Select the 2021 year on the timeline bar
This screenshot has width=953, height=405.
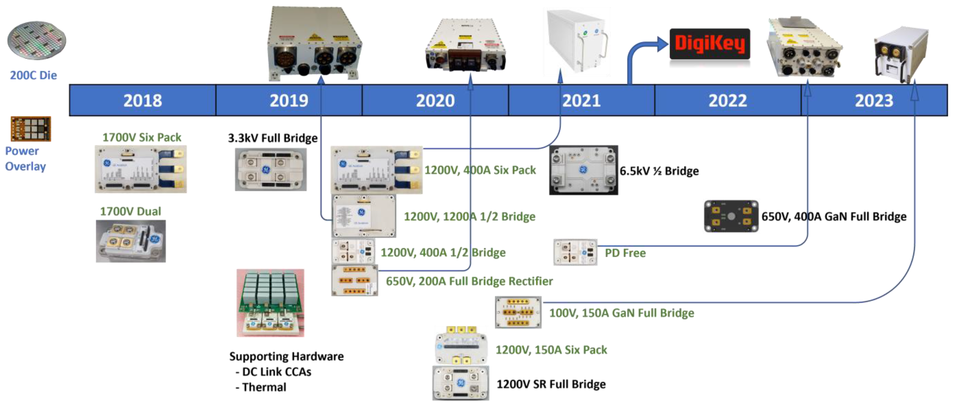(x=581, y=100)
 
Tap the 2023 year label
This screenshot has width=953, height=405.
(x=874, y=100)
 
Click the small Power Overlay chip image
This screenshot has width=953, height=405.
(x=31, y=129)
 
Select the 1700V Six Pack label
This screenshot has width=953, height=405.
(x=142, y=137)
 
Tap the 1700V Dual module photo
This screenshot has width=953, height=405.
(x=131, y=241)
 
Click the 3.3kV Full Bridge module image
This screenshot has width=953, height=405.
(x=271, y=169)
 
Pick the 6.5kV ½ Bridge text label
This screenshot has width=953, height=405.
(x=659, y=171)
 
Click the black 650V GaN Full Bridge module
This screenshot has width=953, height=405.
(x=731, y=217)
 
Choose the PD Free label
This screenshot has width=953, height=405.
(x=625, y=253)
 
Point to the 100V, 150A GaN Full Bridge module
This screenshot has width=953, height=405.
(x=518, y=312)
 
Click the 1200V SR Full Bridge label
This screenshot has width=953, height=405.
(x=551, y=384)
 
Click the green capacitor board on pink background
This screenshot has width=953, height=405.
(x=271, y=303)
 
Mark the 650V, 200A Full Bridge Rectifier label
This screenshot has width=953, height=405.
(x=469, y=281)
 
